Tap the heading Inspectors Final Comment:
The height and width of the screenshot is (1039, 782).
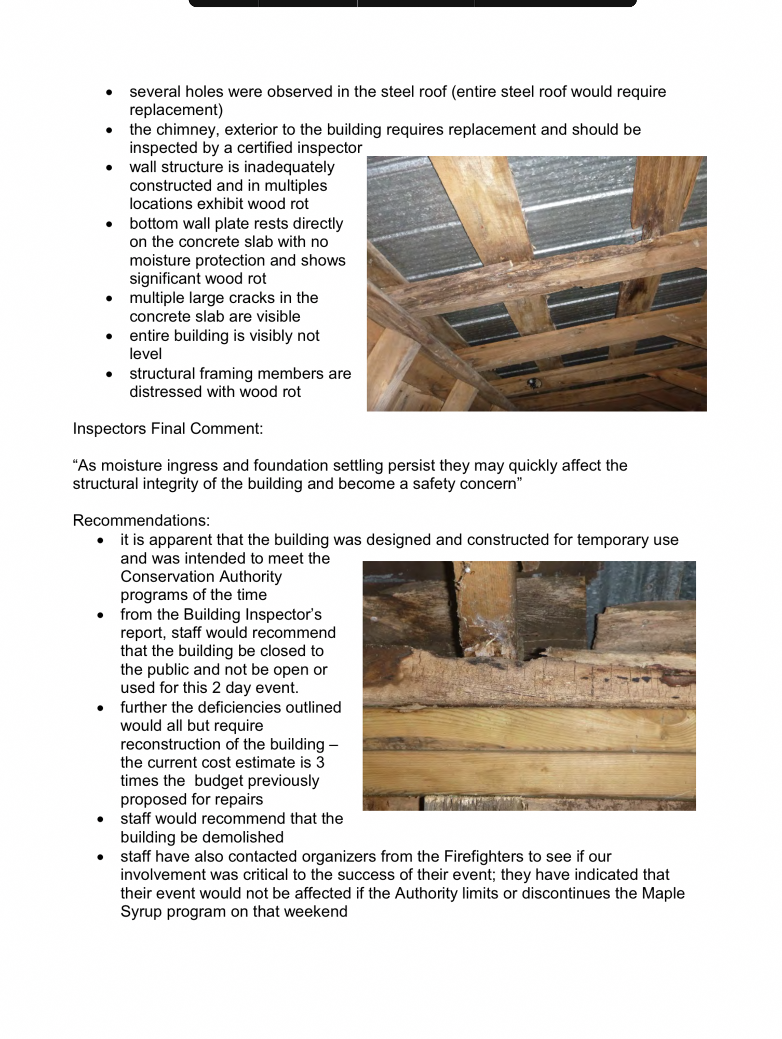click(x=168, y=428)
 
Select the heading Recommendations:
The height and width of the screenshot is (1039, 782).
click(x=141, y=520)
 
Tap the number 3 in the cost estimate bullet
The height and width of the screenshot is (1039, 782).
click(x=320, y=762)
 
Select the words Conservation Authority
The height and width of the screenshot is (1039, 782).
click(x=201, y=576)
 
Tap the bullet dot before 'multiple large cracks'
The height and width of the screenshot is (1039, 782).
click(x=109, y=299)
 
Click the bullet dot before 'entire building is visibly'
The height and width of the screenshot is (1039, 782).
click(x=109, y=336)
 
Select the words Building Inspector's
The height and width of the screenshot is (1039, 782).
click(x=252, y=614)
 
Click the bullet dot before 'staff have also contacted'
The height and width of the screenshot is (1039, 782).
click(x=100, y=857)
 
